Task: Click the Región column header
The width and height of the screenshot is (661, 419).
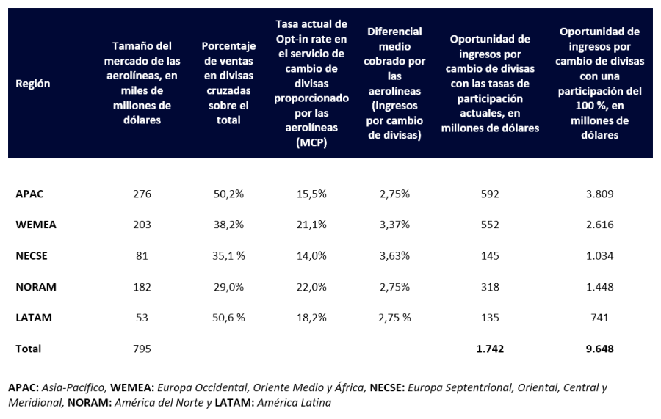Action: (x=33, y=84)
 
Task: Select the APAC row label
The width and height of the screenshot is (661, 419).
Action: (x=30, y=194)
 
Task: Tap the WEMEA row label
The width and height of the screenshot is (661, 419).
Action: (x=36, y=225)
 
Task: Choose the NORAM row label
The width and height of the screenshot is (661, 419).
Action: (x=36, y=287)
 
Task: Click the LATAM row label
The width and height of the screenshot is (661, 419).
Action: (x=34, y=318)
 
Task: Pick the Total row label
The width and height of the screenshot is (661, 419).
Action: (x=29, y=349)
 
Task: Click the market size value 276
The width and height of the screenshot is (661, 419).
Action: (x=142, y=194)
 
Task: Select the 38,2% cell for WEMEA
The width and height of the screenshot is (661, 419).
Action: (x=228, y=225)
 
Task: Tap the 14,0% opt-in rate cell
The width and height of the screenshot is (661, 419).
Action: (x=311, y=256)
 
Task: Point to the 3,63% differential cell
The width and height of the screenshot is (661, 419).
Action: (x=394, y=256)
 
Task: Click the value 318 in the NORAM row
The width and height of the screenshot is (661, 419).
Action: (x=490, y=287)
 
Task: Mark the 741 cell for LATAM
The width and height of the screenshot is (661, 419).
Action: (x=599, y=318)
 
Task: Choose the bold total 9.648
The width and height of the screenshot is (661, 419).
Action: (x=599, y=349)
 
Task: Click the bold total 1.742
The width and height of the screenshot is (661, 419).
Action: (x=490, y=349)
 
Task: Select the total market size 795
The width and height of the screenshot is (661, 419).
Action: (x=142, y=349)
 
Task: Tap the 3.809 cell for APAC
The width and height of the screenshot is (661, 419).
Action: (x=599, y=194)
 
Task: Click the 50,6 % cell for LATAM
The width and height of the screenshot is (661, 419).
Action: (x=228, y=318)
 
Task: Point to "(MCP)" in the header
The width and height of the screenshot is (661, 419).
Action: (x=311, y=143)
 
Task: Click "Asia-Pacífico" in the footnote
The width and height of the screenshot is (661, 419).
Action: (x=77, y=387)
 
